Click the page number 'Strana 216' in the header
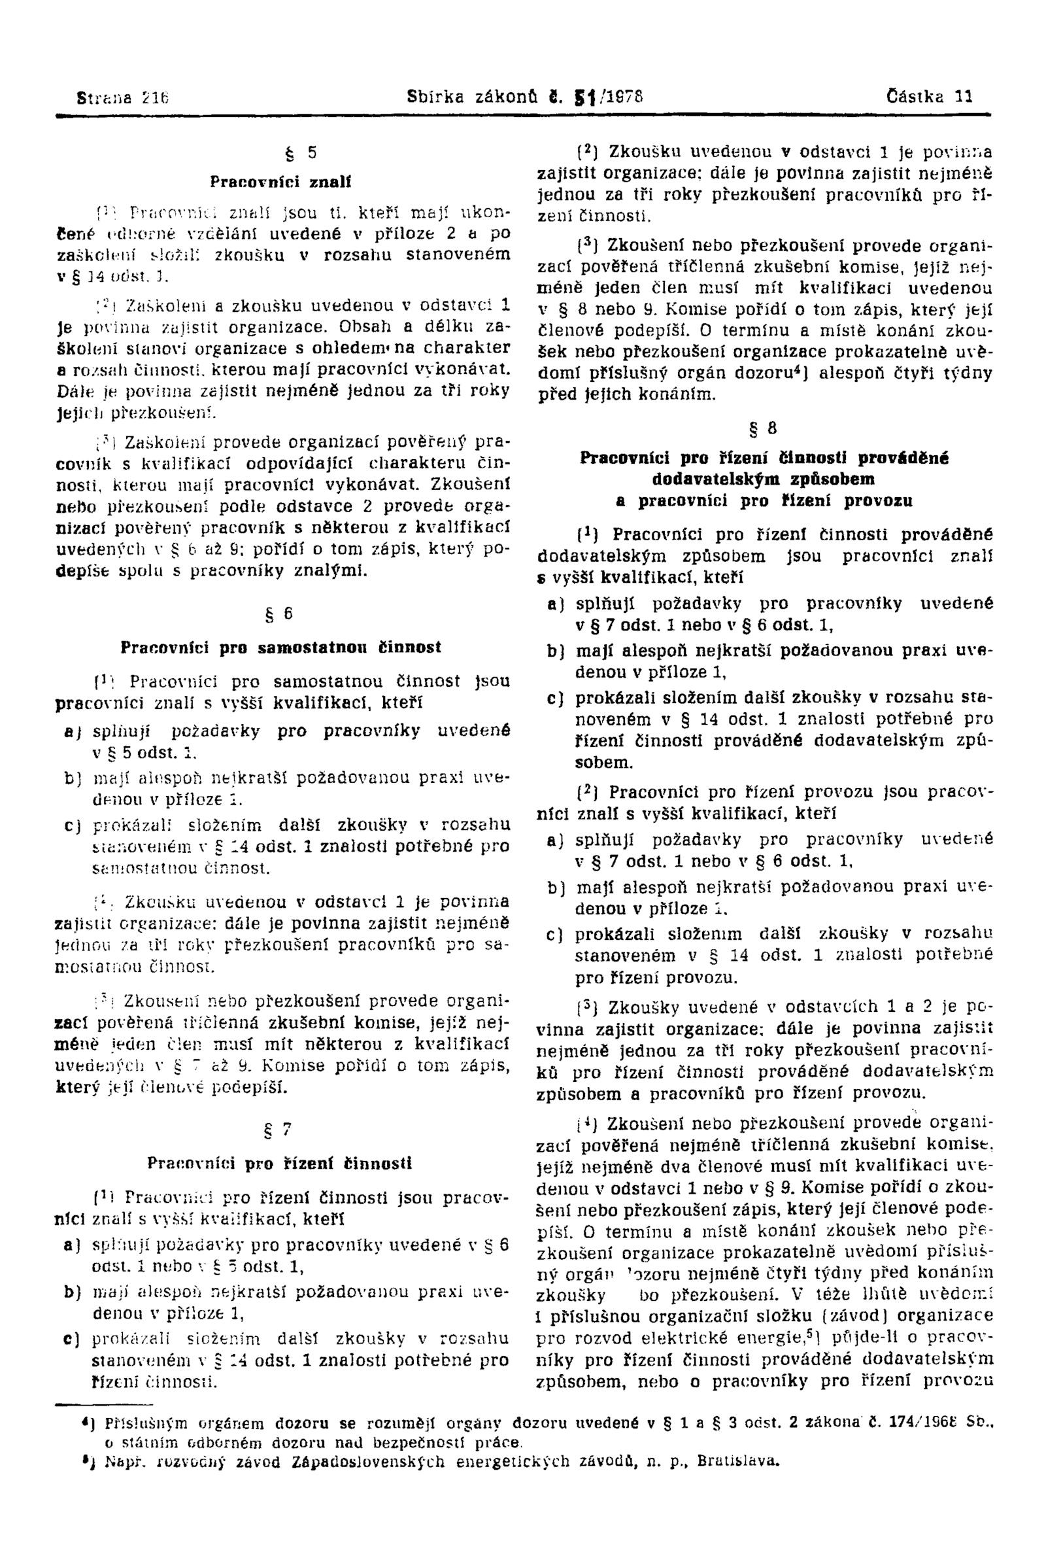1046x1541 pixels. (x=124, y=97)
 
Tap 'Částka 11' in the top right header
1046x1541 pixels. (x=930, y=97)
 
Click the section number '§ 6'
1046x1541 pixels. (x=281, y=614)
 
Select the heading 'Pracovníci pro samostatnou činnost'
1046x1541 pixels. (x=281, y=647)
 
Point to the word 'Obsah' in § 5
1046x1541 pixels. (x=353, y=326)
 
